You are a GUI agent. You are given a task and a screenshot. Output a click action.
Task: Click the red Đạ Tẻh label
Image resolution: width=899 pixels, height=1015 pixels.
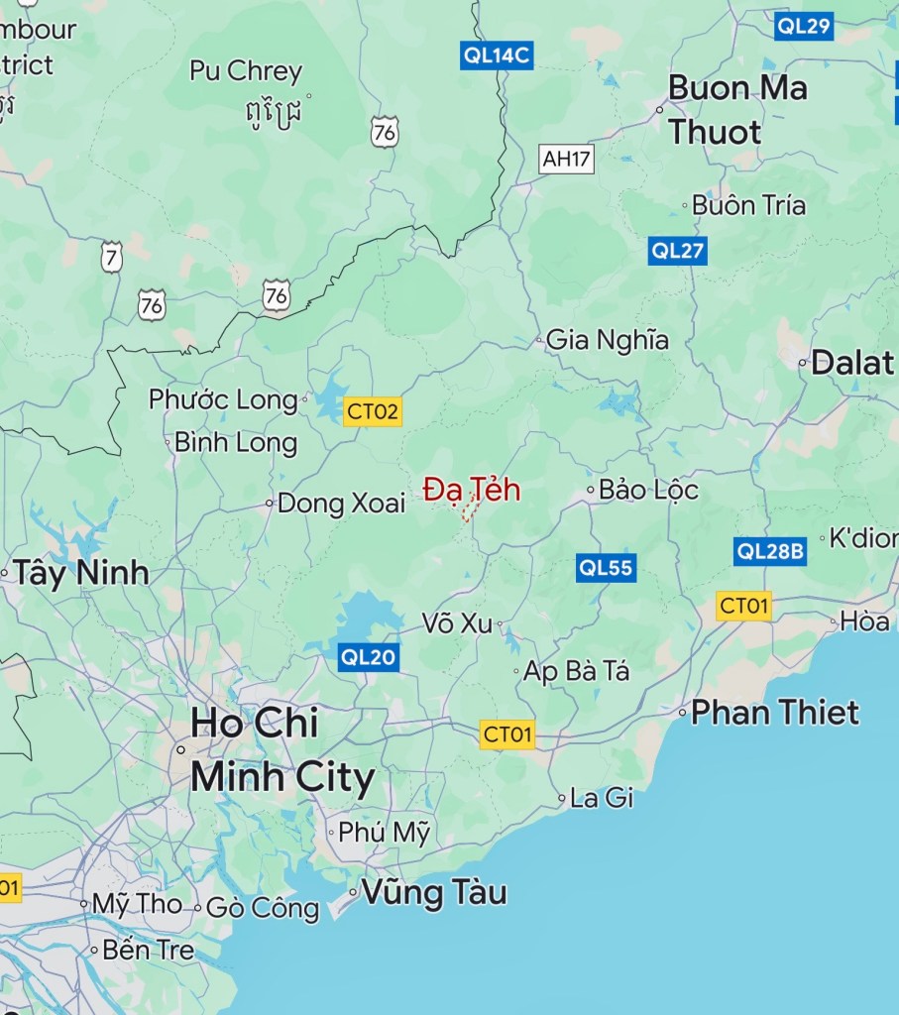(x=472, y=490)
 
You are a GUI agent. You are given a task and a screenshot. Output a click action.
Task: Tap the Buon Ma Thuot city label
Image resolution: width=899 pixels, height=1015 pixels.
(x=737, y=109)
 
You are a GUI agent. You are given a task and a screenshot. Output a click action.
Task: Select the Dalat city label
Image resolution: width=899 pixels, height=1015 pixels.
(x=852, y=363)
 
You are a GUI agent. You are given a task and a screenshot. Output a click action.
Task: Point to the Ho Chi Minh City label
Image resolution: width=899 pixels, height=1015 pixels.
(x=282, y=750)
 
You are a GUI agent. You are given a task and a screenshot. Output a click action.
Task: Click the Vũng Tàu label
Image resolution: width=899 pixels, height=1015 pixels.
(x=434, y=892)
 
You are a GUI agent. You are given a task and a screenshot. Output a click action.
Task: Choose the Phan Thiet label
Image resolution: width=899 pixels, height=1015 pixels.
(x=775, y=712)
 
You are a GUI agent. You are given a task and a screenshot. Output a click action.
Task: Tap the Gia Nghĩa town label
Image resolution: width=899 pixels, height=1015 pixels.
(x=608, y=340)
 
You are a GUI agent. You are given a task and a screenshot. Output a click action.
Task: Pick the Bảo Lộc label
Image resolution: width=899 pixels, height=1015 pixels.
(x=648, y=490)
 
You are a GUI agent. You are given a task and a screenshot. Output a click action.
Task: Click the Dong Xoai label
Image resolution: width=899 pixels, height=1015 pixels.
(x=341, y=504)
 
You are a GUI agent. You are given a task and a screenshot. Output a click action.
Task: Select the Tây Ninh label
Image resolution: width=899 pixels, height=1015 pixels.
(x=80, y=572)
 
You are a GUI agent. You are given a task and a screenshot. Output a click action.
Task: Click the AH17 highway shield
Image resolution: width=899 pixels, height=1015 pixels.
(x=567, y=159)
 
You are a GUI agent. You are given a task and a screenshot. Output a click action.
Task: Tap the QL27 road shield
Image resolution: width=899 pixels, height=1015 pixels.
(x=678, y=251)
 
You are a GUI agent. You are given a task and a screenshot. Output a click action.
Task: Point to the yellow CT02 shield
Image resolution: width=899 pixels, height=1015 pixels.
(x=373, y=411)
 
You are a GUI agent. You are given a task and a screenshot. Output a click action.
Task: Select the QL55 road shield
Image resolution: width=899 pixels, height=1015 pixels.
(x=607, y=568)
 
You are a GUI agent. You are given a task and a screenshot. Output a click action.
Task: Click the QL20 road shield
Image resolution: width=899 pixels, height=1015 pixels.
(x=368, y=655)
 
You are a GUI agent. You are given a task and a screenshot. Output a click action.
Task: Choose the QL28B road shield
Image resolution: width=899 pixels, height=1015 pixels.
(x=770, y=551)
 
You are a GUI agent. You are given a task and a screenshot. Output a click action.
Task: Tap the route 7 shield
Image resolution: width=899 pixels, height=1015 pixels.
(x=111, y=257)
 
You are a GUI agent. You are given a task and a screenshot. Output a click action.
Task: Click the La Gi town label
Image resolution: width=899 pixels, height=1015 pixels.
(x=602, y=797)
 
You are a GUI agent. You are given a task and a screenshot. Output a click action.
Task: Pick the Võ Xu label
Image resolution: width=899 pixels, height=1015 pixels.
(x=457, y=623)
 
